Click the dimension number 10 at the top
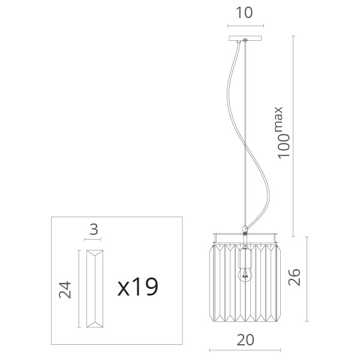[244, 13]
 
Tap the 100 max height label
[282, 133]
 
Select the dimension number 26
[295, 277]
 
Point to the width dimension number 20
[245, 340]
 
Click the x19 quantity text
[137, 287]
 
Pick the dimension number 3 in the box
[94, 229]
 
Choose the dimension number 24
[65, 290]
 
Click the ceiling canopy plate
[245, 38]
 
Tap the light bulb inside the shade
[245, 275]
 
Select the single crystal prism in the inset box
[95, 289]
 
